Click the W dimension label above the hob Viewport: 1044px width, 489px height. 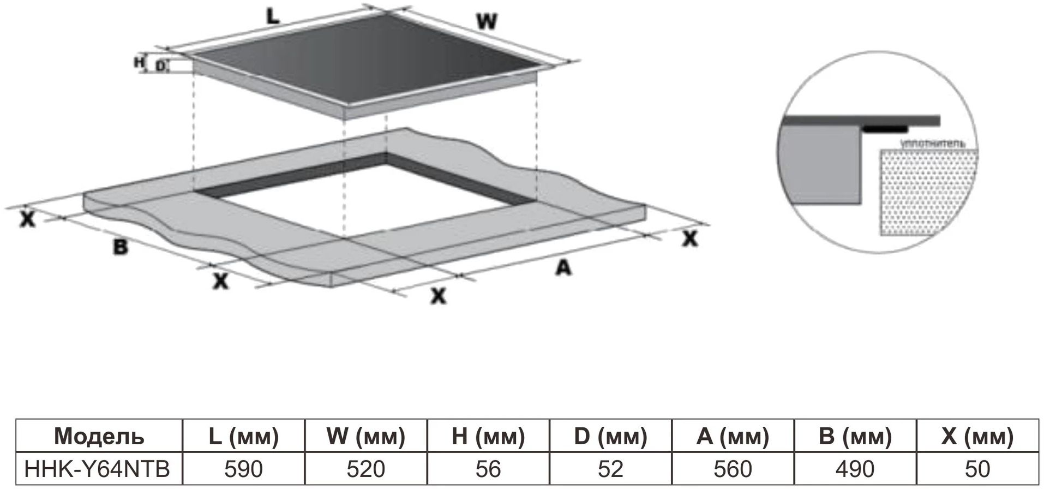pyautogui.click(x=487, y=22)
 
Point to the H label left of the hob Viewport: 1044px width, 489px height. pyautogui.click(x=139, y=62)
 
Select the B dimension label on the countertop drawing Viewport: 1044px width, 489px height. pyautogui.click(x=120, y=247)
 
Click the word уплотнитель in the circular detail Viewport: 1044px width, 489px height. pyautogui.click(x=933, y=144)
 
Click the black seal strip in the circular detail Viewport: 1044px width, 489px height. pyautogui.click(x=885, y=129)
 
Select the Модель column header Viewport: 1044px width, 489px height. pyautogui.click(x=99, y=436)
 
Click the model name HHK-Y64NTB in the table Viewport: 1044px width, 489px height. pyautogui.click(x=98, y=469)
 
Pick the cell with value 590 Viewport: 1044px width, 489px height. pyautogui.click(x=243, y=469)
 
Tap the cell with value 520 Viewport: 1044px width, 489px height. pyautogui.click(x=365, y=469)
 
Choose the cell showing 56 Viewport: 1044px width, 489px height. pyautogui.click(x=488, y=469)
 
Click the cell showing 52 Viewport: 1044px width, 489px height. pyautogui.click(x=610, y=469)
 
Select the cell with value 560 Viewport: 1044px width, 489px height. pyautogui.click(x=733, y=469)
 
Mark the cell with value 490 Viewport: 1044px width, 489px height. pyautogui.click(x=855, y=469)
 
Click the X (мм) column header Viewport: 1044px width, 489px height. pyautogui.click(x=977, y=436)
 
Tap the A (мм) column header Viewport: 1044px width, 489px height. pyautogui.click(x=733, y=436)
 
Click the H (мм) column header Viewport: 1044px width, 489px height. pyautogui.click(x=488, y=436)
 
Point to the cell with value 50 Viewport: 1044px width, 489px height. pyautogui.click(x=977, y=469)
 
